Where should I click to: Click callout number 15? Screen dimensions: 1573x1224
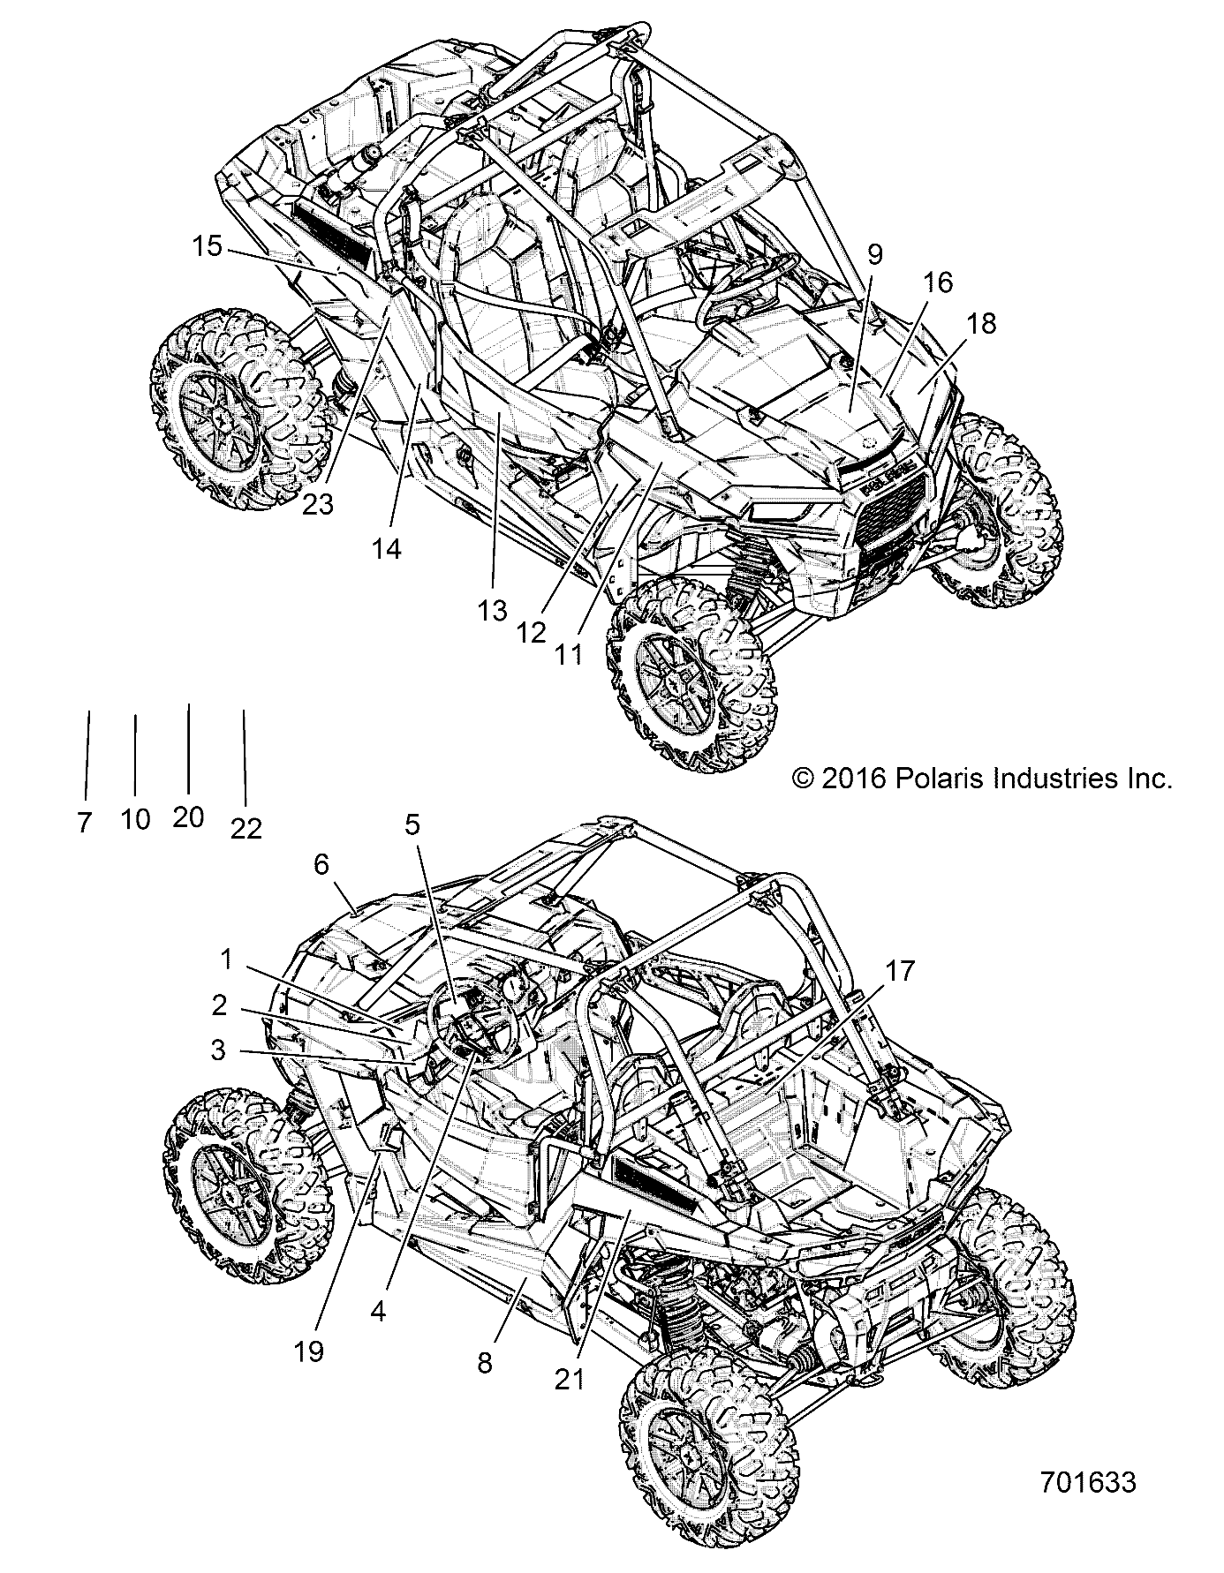pos(208,246)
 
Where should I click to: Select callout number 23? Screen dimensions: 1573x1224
pos(317,504)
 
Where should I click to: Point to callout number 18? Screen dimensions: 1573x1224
pos(980,324)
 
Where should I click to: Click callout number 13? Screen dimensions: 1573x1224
pos(493,609)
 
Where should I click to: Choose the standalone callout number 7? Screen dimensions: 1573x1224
pos(84,823)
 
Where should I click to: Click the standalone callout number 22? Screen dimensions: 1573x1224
pos(246,828)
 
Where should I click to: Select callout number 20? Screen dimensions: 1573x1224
pos(188,817)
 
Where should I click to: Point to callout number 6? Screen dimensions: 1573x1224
pos(345,867)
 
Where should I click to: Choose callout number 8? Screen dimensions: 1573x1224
pos(484,1363)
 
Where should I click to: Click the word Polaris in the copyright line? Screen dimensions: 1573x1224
pos(933,778)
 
